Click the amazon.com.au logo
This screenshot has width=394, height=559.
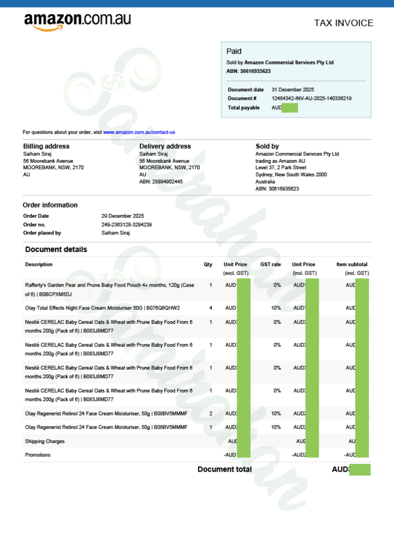77,21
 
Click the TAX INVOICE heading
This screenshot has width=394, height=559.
344,23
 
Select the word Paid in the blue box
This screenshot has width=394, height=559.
234,51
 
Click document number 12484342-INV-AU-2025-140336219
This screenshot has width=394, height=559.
312,98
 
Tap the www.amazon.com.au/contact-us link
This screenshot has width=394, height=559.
139,132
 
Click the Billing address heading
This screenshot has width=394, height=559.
46,146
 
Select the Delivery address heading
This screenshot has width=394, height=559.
165,146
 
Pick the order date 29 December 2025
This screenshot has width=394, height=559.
123,216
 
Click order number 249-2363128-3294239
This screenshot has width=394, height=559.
127,224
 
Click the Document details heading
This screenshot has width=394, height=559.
56,249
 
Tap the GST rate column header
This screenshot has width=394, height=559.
271,264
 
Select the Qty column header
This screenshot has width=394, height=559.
208,264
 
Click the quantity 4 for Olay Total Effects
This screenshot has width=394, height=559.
211,308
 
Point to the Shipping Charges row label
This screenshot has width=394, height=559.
45,441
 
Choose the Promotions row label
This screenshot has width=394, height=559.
38,455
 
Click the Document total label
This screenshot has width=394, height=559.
224,469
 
